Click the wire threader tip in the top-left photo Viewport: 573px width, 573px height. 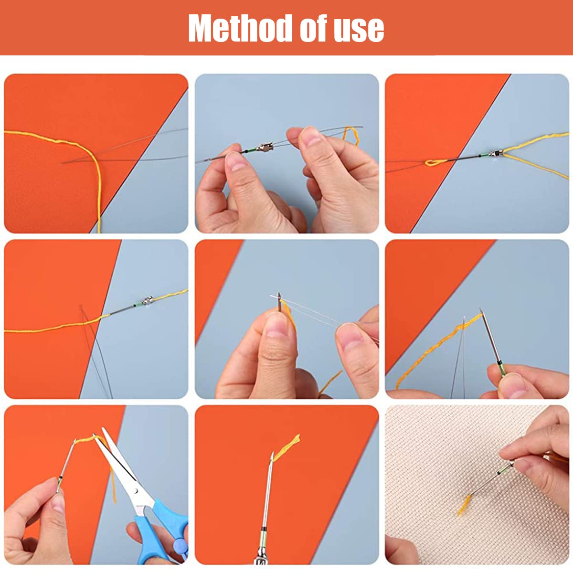coord(62,163)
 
